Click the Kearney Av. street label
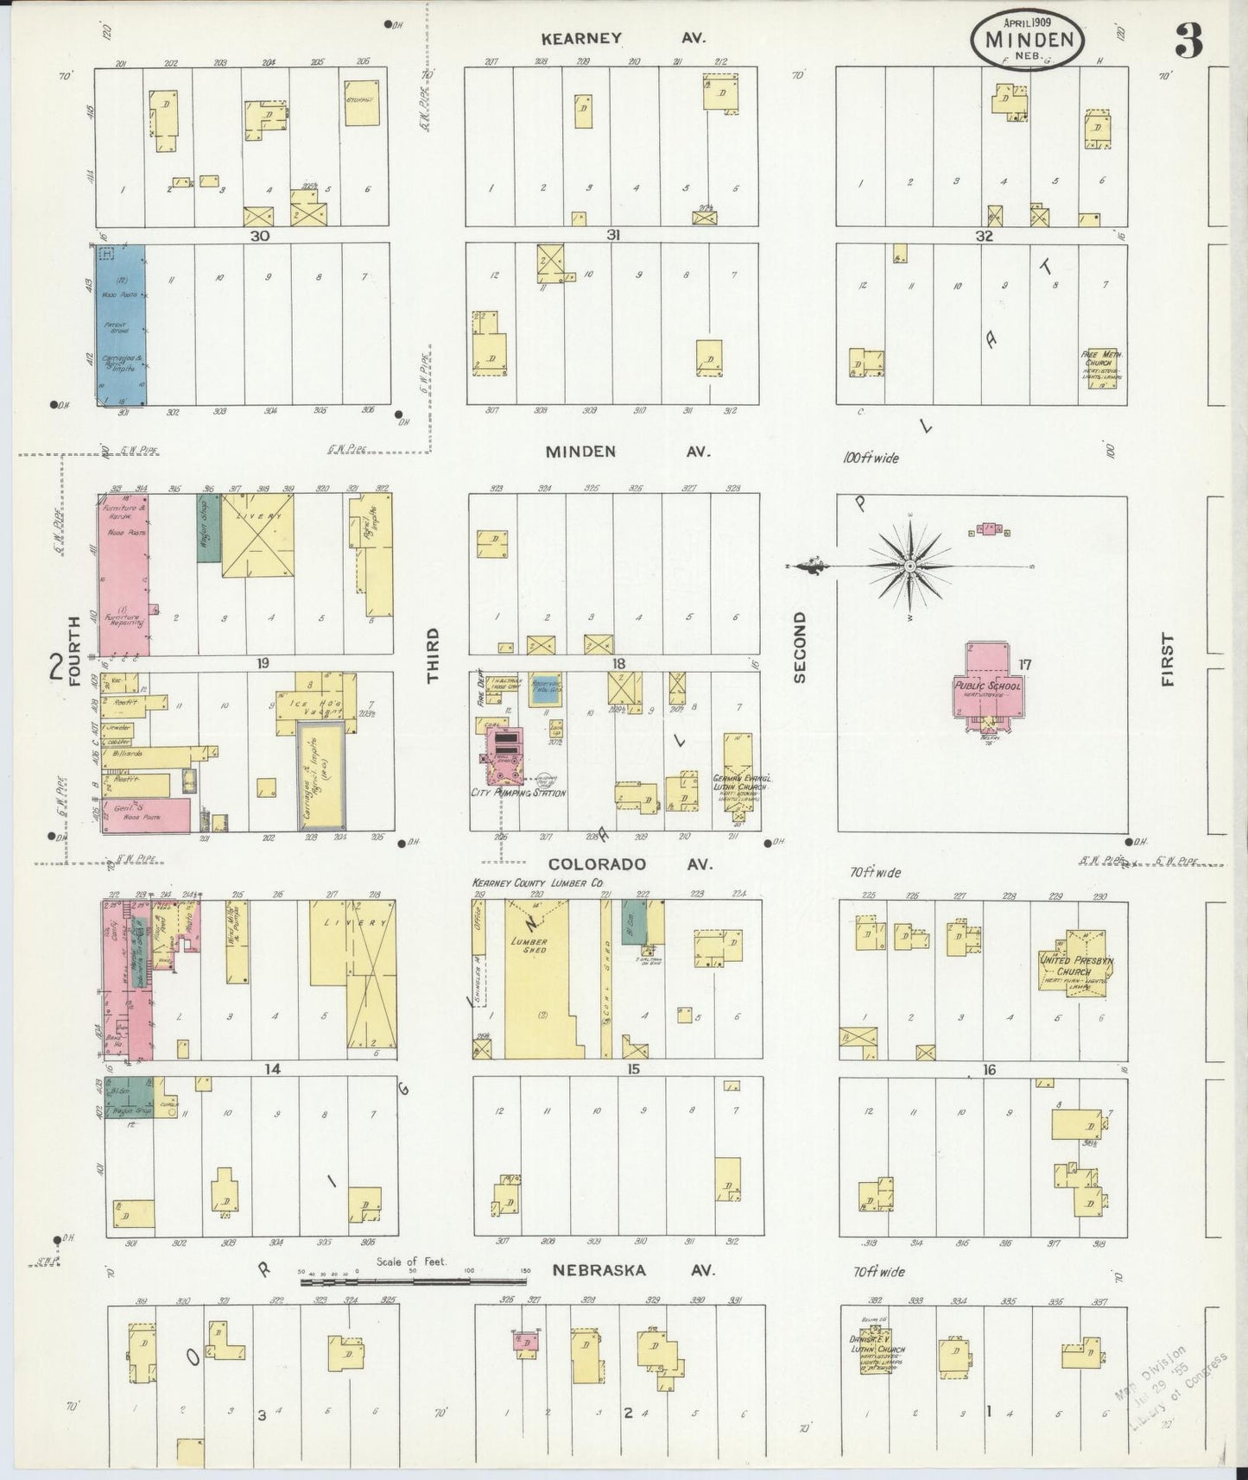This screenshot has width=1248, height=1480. (623, 38)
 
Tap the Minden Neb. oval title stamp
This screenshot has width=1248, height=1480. (1029, 40)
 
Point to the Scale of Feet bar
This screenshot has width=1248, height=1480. (415, 1282)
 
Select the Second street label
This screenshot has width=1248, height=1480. (799, 647)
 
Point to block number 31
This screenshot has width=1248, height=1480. (613, 234)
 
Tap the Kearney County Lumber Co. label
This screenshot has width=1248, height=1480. (536, 883)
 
